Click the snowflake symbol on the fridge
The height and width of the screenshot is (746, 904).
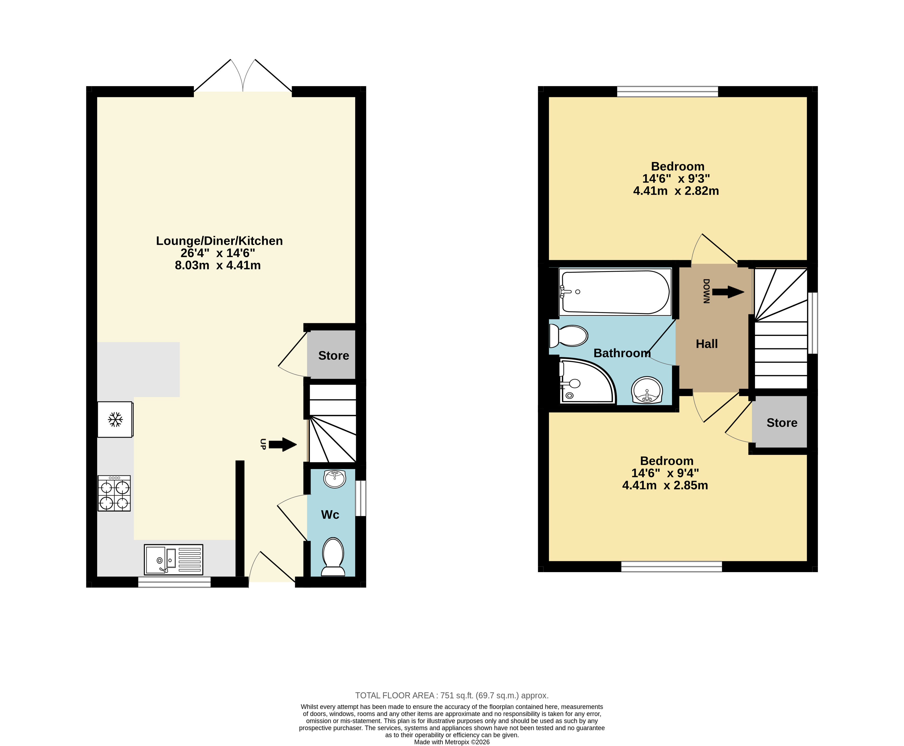(115, 419)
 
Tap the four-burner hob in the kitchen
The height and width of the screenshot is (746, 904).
(114, 493)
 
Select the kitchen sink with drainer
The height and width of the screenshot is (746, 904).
(173, 559)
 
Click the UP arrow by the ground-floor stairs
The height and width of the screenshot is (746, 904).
(283, 444)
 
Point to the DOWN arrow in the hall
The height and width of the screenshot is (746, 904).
(728, 292)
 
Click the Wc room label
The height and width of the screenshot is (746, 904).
(330, 515)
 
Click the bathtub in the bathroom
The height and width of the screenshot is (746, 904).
(615, 292)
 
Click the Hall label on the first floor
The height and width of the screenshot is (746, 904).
(707, 344)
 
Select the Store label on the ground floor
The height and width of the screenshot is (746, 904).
(334, 356)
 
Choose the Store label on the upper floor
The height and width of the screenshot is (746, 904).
(782, 423)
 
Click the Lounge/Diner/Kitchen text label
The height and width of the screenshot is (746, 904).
(219, 241)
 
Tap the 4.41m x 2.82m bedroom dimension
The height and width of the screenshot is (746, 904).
(676, 191)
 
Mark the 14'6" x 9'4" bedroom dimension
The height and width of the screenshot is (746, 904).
(665, 473)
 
